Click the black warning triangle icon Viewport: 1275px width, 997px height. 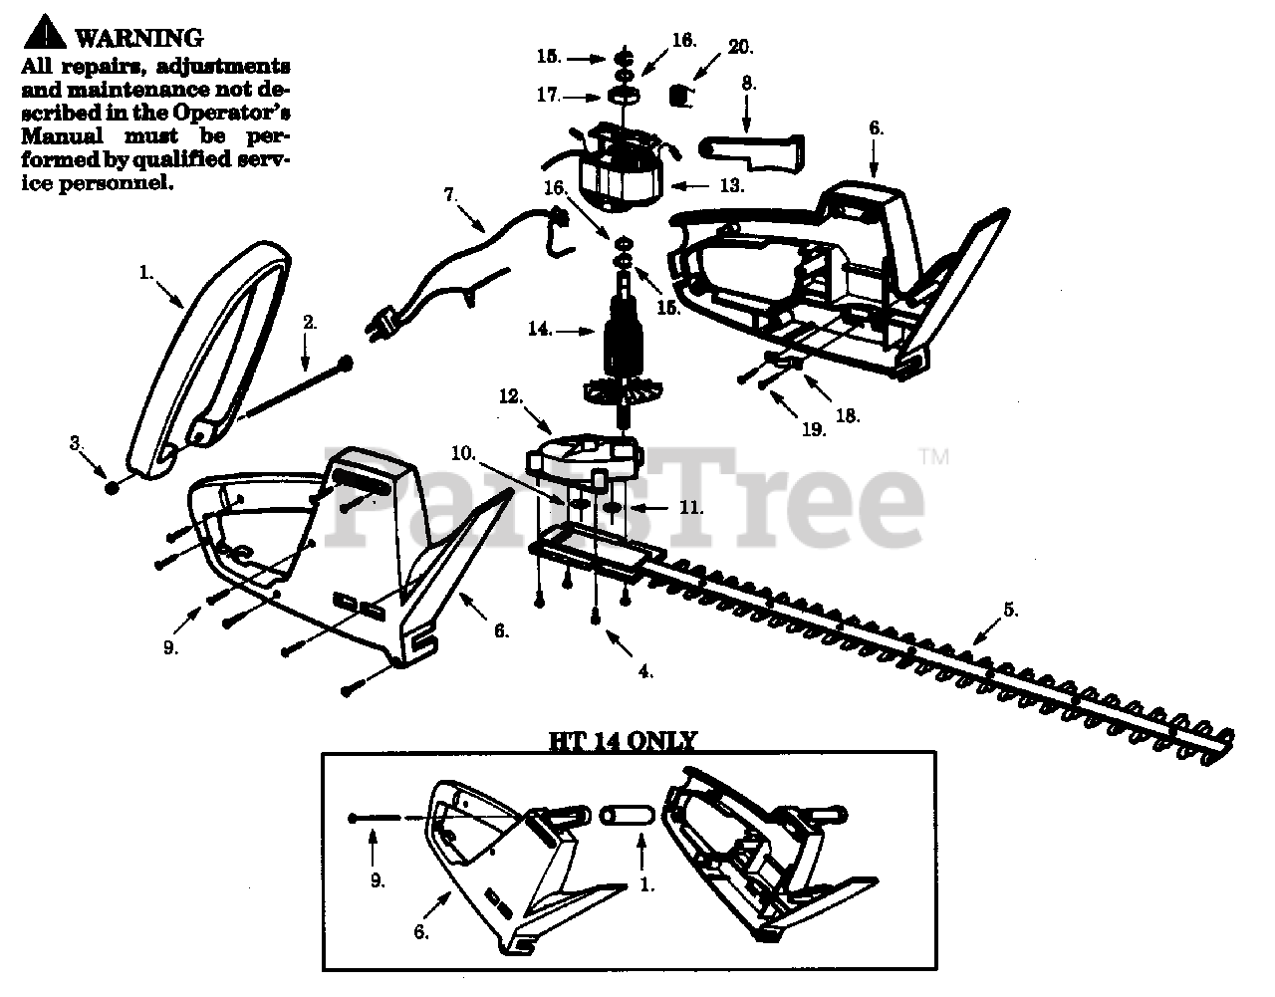coord(44,36)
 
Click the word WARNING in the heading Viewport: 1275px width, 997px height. coord(139,38)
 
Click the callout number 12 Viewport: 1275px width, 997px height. coord(510,396)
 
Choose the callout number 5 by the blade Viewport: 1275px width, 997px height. coord(1010,610)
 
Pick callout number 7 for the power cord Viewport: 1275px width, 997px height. coord(449,195)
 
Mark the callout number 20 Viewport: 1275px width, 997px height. coord(740,46)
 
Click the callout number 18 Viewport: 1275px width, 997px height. coord(848,415)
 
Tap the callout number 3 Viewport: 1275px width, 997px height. coord(75,443)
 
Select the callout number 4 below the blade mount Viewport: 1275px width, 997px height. coord(644,671)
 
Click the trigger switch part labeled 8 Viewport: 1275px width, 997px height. coord(755,148)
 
